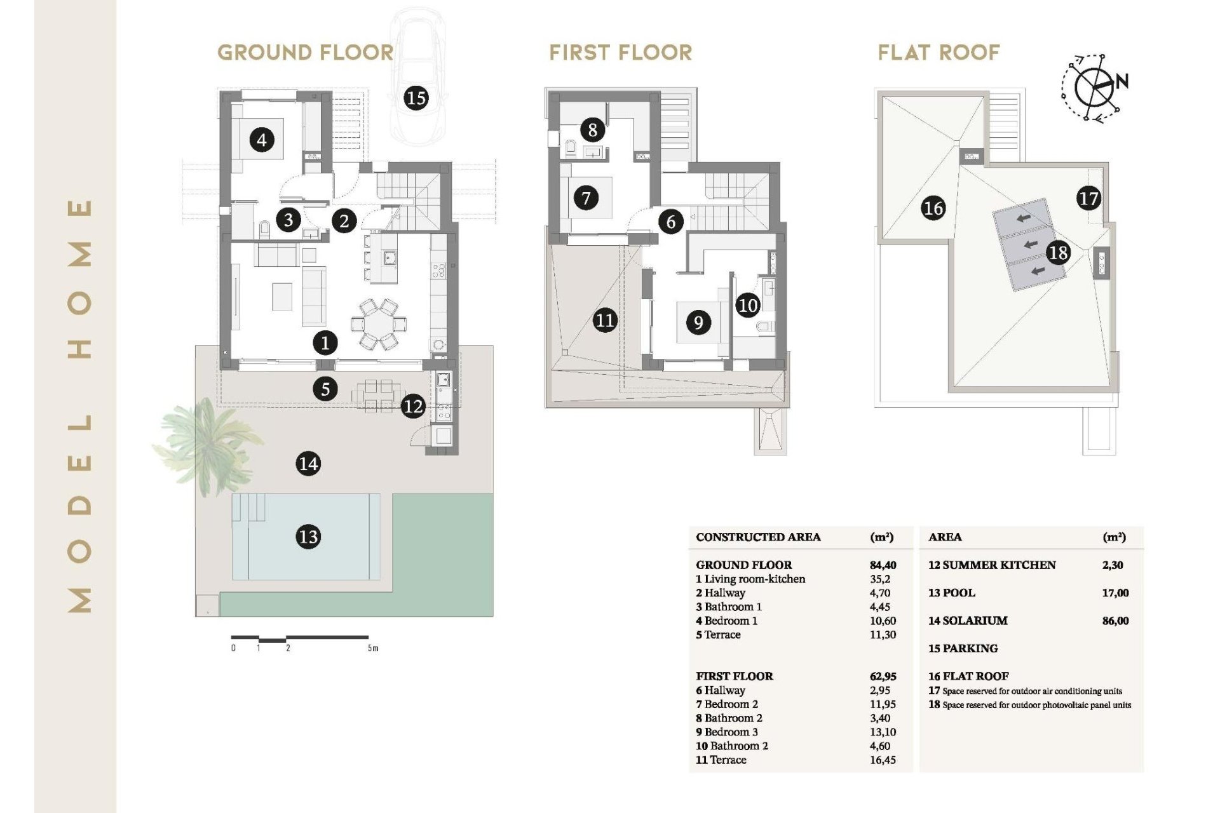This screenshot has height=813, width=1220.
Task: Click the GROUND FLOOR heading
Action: (306, 53)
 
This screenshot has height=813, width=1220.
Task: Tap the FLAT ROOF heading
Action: (939, 53)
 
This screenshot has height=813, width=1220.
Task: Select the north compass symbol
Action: (1095, 87)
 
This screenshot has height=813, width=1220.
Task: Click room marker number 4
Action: (262, 139)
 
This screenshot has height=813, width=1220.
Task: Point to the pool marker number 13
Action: (308, 537)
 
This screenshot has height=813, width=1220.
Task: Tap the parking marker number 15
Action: (416, 98)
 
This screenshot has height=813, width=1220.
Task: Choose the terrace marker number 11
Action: (605, 319)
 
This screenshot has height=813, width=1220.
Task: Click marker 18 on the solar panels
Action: (1058, 253)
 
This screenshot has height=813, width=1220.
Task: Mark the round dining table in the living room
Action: (379, 324)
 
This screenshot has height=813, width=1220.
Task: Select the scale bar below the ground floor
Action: (300, 638)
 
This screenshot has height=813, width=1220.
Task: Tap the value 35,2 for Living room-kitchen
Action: (880, 579)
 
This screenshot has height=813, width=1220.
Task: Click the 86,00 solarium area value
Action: (1116, 621)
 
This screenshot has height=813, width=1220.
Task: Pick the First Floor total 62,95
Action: (883, 676)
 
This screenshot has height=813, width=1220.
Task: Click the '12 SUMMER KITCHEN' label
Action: (992, 565)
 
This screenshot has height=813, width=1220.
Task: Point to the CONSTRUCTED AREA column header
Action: (758, 537)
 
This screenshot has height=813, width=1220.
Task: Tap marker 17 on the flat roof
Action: (1088, 199)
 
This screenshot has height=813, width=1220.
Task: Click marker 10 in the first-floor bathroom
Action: (748, 306)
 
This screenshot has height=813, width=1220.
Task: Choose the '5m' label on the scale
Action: (373, 648)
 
